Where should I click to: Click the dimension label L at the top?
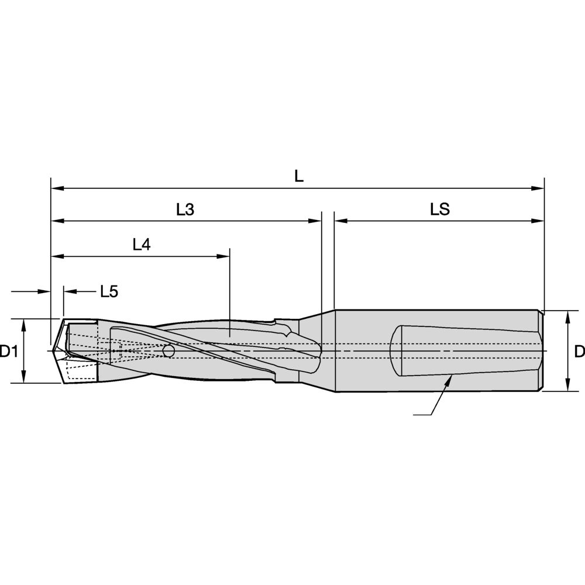click(x=299, y=175)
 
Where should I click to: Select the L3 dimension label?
click(x=185, y=209)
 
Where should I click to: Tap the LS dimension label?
click(x=440, y=209)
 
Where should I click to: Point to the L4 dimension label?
click(x=142, y=245)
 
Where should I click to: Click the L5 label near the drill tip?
click(x=109, y=291)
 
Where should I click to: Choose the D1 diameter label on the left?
click(x=9, y=351)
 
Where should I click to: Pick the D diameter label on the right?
click(x=579, y=351)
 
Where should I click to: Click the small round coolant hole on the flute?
click(x=168, y=350)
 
